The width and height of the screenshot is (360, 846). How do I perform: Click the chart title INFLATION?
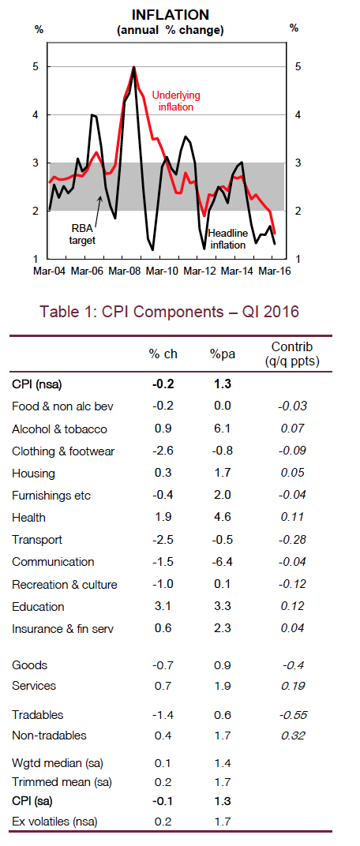point(170,14)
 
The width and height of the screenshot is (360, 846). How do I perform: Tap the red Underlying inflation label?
point(176,101)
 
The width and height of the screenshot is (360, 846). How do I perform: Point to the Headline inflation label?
point(228,239)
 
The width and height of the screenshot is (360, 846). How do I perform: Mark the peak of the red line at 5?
point(134,67)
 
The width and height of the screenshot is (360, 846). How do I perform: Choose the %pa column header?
point(221,354)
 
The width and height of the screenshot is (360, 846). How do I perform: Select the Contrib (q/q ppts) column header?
point(293,354)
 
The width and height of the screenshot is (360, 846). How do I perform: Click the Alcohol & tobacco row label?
point(59,429)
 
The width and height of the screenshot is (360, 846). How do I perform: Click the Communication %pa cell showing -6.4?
point(223,562)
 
